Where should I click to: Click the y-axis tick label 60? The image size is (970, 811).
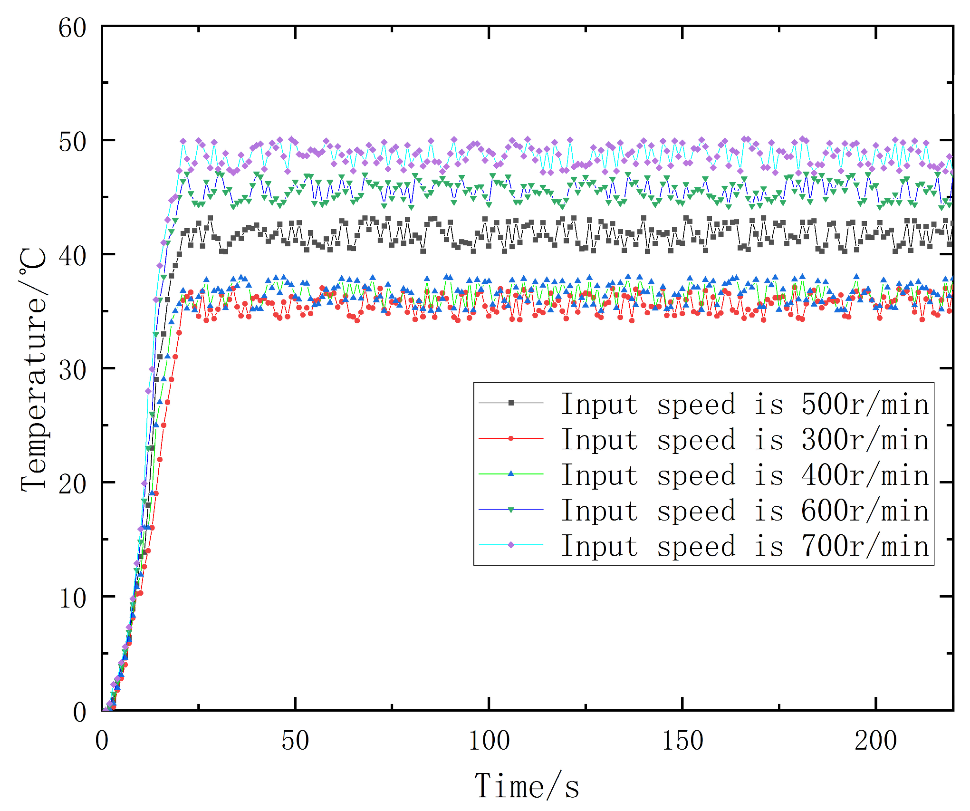[72, 28]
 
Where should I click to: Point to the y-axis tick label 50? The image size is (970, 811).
[72, 142]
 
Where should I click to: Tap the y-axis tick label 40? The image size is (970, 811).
[72, 256]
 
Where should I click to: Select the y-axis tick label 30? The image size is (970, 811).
[72, 370]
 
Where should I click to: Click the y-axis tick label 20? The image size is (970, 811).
[72, 484]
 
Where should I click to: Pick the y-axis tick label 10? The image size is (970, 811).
[72, 599]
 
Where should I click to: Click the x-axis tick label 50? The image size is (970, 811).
[295, 741]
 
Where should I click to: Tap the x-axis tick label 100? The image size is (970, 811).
[489, 741]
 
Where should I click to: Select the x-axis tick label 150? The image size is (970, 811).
[682, 741]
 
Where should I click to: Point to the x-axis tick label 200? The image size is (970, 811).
[876, 741]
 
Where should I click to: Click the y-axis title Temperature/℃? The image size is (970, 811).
[34, 369]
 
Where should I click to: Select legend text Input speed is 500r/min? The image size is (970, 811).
[745, 405]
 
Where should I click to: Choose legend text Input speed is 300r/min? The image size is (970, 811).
[745, 440]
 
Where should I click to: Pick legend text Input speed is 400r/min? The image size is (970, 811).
[745, 475]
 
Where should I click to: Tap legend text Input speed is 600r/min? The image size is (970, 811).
[745, 511]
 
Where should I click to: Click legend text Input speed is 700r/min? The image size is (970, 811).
[745, 546]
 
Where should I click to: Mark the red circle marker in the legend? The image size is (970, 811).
[511, 438]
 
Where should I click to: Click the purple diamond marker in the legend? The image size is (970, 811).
[511, 545]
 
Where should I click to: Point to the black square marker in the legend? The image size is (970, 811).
[511, 403]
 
